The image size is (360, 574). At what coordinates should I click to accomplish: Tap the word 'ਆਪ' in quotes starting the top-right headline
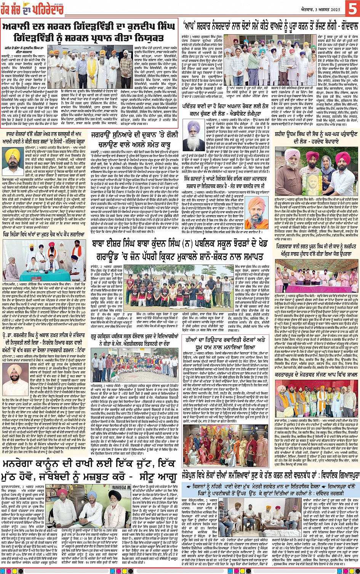coord(191,26)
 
